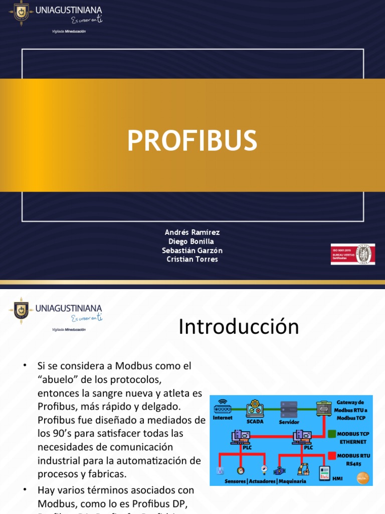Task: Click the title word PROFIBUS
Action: click(192, 141)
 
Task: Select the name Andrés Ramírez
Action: click(192, 232)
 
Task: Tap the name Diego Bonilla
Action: click(192, 241)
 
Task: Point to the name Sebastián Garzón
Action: click(192, 250)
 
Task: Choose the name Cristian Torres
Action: click(192, 260)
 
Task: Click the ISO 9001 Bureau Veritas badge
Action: click(352, 254)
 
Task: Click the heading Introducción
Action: click(239, 327)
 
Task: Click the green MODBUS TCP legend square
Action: click(331, 434)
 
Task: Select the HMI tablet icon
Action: click(325, 472)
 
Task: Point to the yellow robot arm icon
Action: click(302, 469)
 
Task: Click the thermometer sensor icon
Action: click(219, 471)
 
